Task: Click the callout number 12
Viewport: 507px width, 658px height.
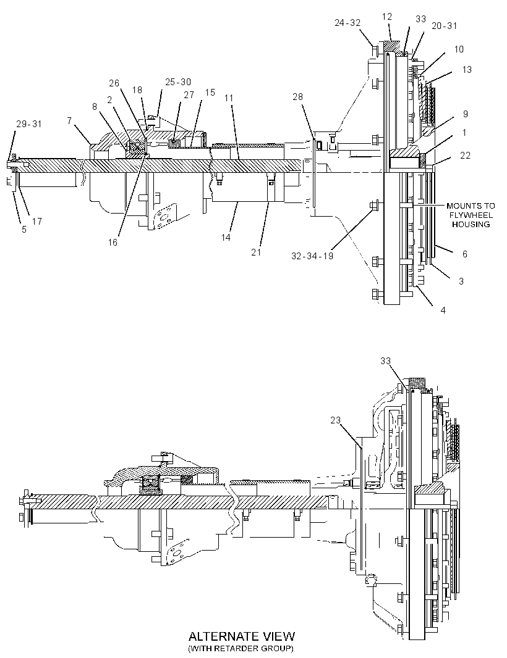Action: point(387,17)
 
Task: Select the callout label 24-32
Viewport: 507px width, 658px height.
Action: point(347,23)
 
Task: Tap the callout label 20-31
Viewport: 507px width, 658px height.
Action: point(445,25)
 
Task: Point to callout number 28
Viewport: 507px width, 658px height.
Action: point(297,97)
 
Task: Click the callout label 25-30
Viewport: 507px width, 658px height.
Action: point(178,82)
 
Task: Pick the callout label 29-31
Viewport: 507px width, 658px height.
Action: point(29,124)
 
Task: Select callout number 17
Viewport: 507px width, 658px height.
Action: point(37,221)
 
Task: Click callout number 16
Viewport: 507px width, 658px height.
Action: point(113,242)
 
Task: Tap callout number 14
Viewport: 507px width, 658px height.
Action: point(226,238)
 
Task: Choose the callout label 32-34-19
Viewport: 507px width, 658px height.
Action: point(312,256)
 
